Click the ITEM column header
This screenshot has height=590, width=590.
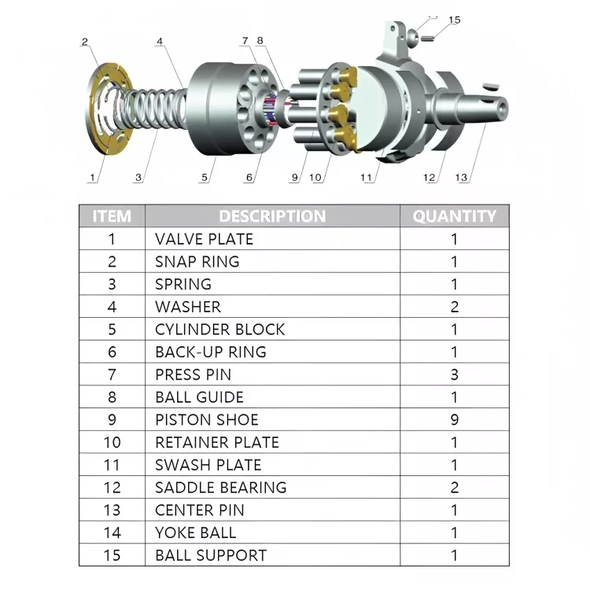pyautogui.click(x=112, y=216)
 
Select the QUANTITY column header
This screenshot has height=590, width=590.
pyautogui.click(x=455, y=216)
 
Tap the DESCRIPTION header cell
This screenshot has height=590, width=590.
pyautogui.click(x=272, y=216)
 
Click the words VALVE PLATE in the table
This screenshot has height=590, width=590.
pyautogui.click(x=204, y=238)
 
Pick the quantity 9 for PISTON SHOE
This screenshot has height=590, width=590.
pyautogui.click(x=455, y=419)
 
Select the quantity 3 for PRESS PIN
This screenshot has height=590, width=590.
pyautogui.click(x=455, y=374)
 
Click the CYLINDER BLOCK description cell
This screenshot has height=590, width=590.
pyautogui.click(x=219, y=329)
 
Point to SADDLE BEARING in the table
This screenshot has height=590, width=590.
pyautogui.click(x=220, y=487)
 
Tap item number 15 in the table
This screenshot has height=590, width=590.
pyautogui.click(x=112, y=555)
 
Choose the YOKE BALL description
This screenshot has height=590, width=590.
pyautogui.click(x=195, y=533)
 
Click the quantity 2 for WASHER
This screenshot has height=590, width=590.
pyautogui.click(x=455, y=307)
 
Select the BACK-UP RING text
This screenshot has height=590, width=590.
pyautogui.click(x=210, y=352)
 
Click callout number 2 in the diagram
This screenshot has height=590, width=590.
pyautogui.click(x=85, y=42)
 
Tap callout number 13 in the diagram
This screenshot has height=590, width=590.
pyautogui.click(x=462, y=178)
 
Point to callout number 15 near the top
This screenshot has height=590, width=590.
pyautogui.click(x=455, y=20)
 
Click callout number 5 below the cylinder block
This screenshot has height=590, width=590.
pyautogui.click(x=205, y=178)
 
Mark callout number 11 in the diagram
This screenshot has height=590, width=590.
pyautogui.click(x=367, y=178)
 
